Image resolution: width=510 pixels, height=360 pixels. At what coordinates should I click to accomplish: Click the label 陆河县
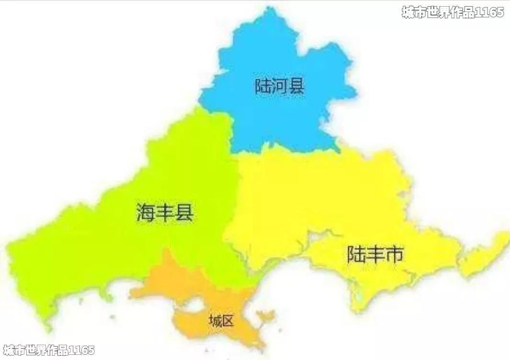pyautogui.click(x=280, y=87)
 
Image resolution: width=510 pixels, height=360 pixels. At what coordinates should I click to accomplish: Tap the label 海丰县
pyautogui.click(x=165, y=212)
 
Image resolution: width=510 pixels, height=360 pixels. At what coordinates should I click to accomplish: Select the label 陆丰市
pyautogui.click(x=375, y=254)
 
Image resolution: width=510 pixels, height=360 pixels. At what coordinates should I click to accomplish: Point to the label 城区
pyautogui.click(x=221, y=321)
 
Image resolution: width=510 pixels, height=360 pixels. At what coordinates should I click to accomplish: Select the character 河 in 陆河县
pyautogui.click(x=280, y=87)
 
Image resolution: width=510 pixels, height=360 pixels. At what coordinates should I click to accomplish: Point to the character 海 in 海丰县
pyautogui.click(x=146, y=212)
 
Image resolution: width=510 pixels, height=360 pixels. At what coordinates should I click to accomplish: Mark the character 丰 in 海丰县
pyautogui.click(x=165, y=212)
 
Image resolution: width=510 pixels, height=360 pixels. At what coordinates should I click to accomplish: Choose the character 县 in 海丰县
pyautogui.click(x=184, y=212)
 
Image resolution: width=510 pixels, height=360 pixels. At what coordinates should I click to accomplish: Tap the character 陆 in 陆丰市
pyautogui.click(x=356, y=254)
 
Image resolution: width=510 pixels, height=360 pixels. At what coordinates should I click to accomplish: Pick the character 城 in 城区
pyautogui.click(x=215, y=321)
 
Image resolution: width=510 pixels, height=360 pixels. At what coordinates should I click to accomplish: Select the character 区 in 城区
pyautogui.click(x=227, y=321)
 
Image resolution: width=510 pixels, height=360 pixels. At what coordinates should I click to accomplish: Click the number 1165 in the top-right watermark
pyautogui.click(x=489, y=12)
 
